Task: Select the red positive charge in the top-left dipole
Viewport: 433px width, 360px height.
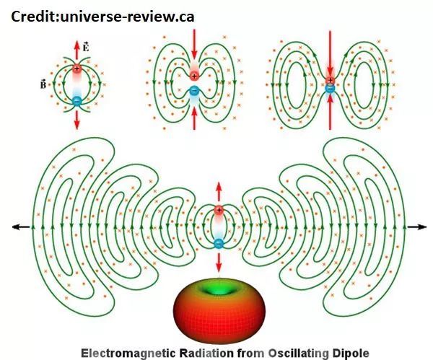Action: click(77, 69)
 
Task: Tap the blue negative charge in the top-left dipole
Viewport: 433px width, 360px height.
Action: click(77, 102)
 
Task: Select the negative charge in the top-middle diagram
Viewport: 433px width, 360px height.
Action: click(194, 91)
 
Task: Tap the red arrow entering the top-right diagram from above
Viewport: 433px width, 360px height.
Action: click(330, 51)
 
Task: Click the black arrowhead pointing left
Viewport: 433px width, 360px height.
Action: click(17, 227)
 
